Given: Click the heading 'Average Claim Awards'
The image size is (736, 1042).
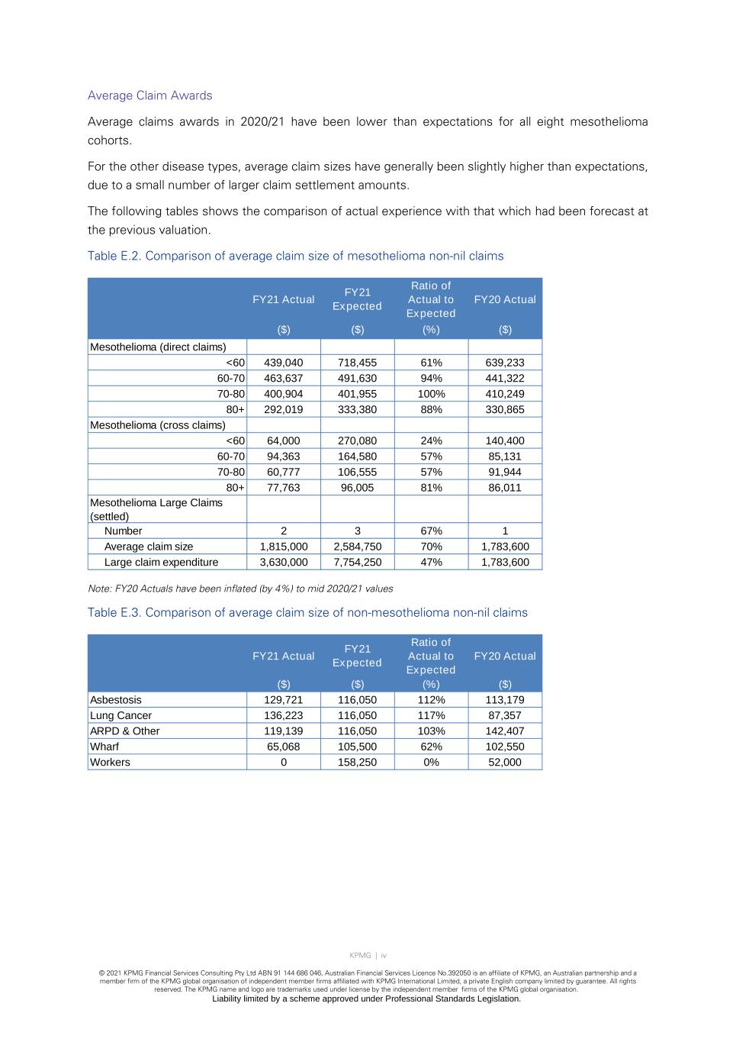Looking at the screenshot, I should click(149, 95).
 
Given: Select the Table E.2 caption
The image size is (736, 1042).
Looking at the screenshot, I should click(295, 256).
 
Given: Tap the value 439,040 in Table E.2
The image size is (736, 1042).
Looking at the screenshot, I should click(284, 363).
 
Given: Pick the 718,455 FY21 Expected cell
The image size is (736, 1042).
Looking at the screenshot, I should click(357, 363).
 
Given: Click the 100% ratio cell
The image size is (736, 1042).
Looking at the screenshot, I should click(431, 394).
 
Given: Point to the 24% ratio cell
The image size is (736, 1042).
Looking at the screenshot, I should click(431, 440).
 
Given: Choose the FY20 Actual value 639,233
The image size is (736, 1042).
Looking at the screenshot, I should click(505, 363).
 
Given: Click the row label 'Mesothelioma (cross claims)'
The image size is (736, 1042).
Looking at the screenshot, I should click(158, 424).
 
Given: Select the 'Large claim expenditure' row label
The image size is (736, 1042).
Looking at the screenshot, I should click(161, 562).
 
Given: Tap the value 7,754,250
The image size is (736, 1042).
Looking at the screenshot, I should click(357, 562).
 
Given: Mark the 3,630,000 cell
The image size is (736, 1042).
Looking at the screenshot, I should click(284, 562).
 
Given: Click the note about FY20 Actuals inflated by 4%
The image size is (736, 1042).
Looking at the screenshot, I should click(240, 589).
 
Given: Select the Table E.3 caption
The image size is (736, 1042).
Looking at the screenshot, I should click(307, 612).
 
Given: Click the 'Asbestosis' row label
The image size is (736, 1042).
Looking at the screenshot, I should click(116, 699).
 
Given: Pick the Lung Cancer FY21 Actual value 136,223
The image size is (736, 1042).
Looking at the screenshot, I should click(284, 715).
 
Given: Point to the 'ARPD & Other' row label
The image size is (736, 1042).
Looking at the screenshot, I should click(125, 731).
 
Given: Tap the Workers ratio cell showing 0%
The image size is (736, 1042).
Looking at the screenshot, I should click(431, 762).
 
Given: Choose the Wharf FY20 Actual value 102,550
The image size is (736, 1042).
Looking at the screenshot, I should click(505, 747).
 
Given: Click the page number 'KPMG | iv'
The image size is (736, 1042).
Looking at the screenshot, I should click(368, 955).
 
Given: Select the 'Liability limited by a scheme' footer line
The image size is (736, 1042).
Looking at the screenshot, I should click(366, 998).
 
